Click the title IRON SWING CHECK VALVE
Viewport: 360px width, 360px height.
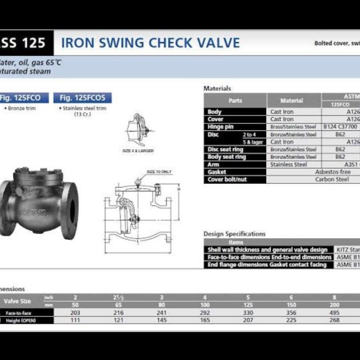[150, 43]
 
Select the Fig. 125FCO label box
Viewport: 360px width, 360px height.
[24, 98]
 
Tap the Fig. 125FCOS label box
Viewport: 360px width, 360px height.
[82, 98]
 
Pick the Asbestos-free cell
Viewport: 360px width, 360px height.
[333, 172]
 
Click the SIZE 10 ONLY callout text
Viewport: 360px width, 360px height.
[159, 172]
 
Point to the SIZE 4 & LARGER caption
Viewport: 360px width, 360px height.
[138, 151]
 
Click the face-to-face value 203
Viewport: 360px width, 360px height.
[75, 313]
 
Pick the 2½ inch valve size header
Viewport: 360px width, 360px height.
[118, 298]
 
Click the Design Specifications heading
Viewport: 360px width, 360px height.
[234, 234]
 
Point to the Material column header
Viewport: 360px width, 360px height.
[292, 101]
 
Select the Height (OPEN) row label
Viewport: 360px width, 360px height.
[23, 320]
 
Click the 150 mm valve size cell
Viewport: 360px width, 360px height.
[291, 305]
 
